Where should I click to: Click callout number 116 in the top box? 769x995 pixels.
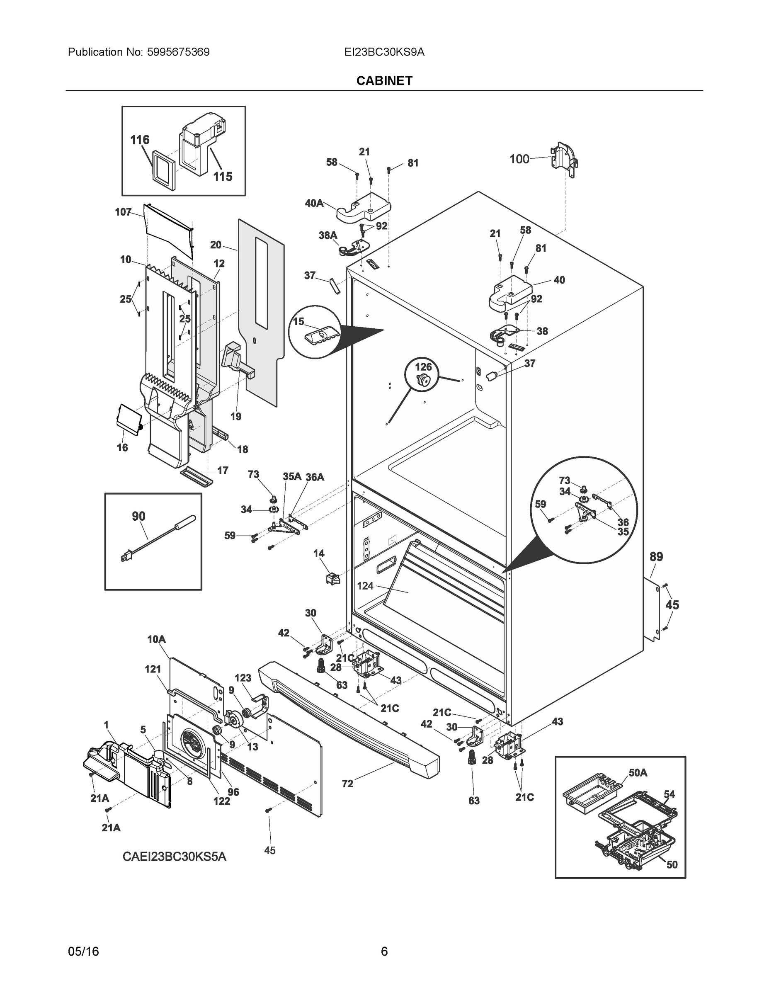tap(140, 140)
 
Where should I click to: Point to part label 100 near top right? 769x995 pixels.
tap(519, 159)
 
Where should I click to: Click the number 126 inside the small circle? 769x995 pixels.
tap(423, 367)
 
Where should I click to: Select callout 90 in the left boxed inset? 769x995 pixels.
tap(138, 516)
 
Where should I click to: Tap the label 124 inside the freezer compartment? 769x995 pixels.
tap(365, 586)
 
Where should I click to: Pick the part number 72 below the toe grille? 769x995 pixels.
tap(347, 784)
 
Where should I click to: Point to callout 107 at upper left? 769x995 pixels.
tap(123, 212)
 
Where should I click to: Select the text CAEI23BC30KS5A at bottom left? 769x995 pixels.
tap(174, 857)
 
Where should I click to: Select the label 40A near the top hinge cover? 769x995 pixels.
tap(314, 203)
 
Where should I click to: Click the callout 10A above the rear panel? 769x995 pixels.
tap(156, 640)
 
